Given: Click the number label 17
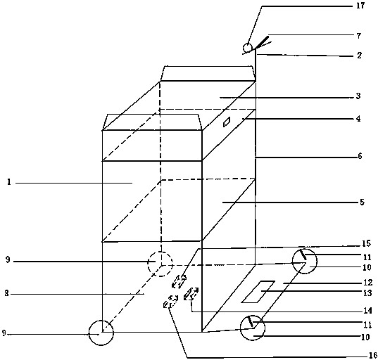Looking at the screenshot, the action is (360, 6).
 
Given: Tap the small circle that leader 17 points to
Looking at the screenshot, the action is (247, 47).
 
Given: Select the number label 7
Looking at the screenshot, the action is (359, 36).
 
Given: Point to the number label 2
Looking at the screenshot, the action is (359, 56).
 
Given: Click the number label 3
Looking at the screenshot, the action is (358, 96).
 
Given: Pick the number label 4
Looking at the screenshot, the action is (358, 118).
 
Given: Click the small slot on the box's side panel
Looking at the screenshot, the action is (227, 122).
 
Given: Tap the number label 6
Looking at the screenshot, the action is (360, 156).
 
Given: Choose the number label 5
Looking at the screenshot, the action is (362, 202).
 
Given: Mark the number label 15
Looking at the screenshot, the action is (366, 244).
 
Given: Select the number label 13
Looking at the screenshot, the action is (367, 293).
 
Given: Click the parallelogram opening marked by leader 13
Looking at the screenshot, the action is (258, 292).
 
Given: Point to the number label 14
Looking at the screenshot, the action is (367, 311).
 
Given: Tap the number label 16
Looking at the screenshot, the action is (372, 355).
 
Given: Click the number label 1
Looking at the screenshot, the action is (9, 182).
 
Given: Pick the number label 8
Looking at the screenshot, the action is (7, 293).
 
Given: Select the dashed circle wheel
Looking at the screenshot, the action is (160, 264).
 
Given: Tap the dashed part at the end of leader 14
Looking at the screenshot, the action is (191, 293).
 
